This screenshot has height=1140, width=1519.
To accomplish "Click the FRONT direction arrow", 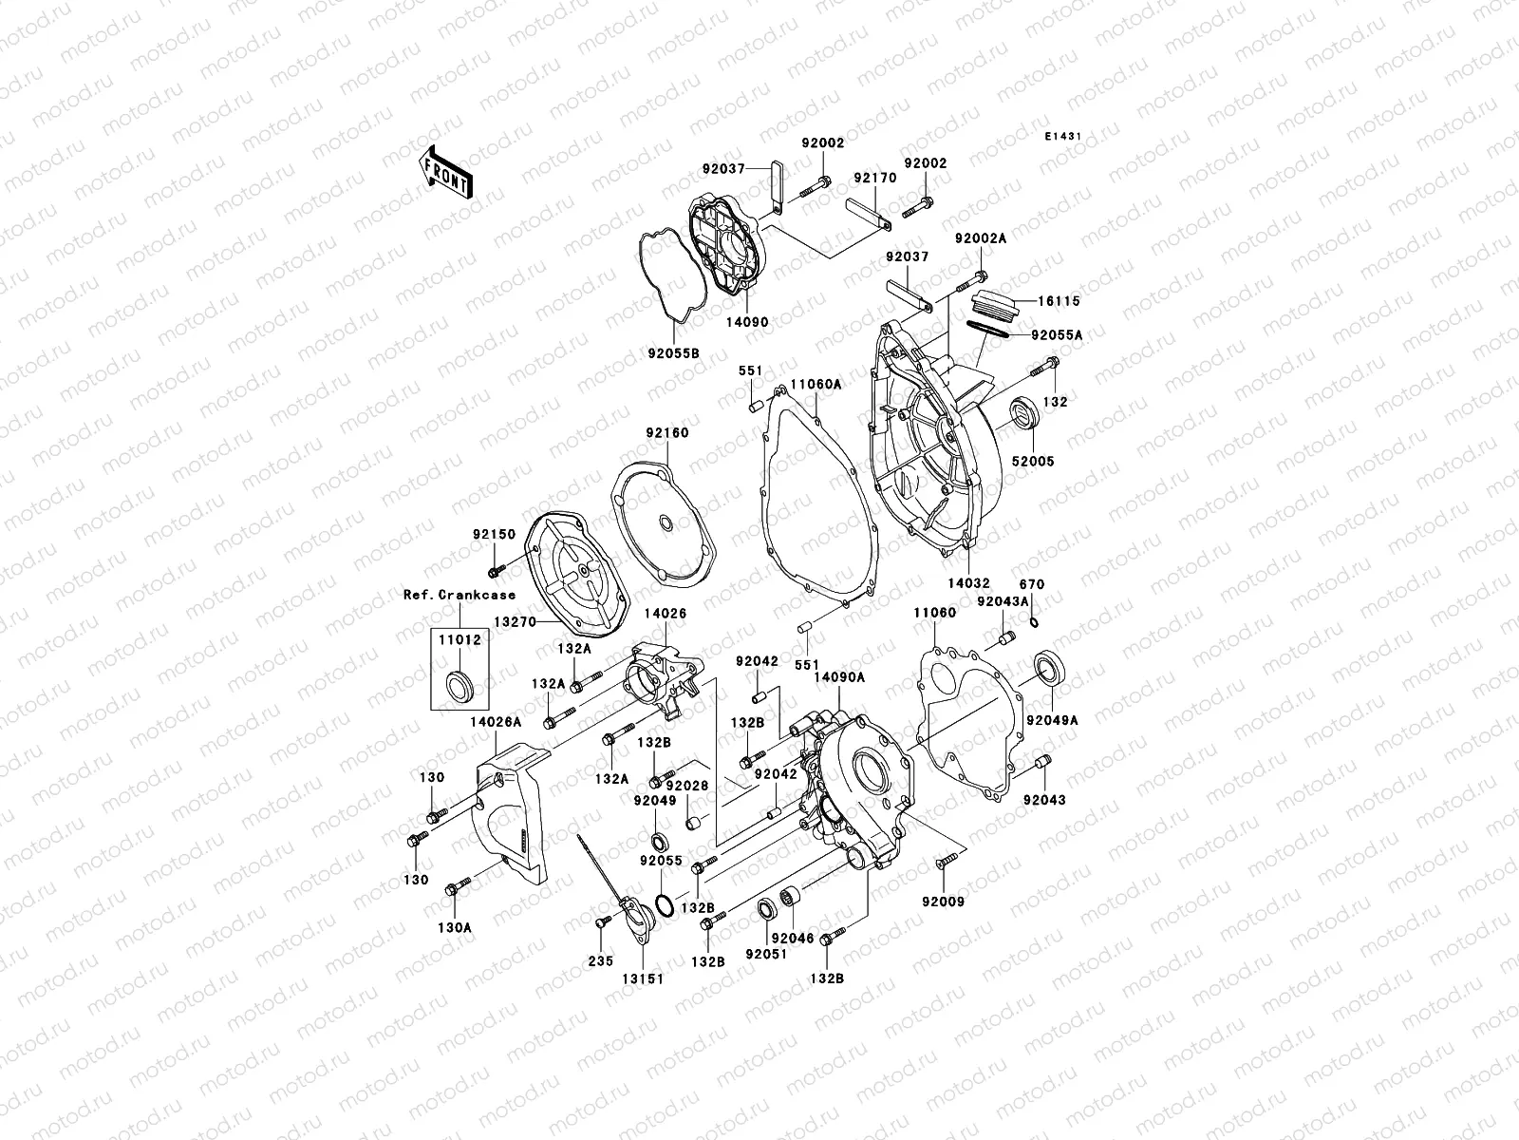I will [x=447, y=172].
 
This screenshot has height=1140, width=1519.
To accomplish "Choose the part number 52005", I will [x=1033, y=462].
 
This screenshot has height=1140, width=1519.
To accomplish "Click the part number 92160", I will [x=668, y=433].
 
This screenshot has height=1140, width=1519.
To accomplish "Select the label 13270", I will [x=515, y=622].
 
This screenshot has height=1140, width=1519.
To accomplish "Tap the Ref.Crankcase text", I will [x=459, y=596].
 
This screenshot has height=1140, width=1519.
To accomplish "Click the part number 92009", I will [x=941, y=901].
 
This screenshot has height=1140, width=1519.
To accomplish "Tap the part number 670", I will [x=1032, y=584].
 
